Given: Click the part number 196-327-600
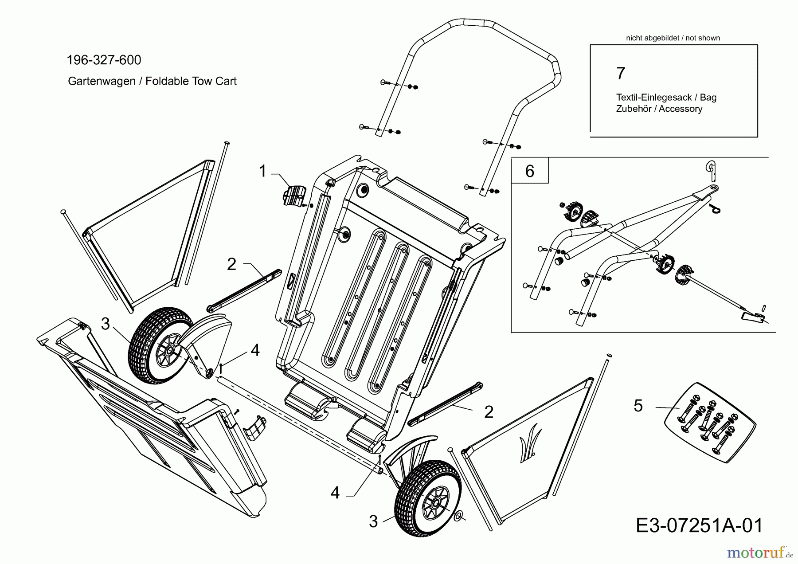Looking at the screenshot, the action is pos(104,60).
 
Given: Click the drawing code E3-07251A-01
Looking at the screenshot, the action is pos(700,525).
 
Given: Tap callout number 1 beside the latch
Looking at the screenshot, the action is pos(262,171).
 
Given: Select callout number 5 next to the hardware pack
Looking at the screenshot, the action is pos(638,406).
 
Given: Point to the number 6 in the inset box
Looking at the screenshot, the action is pos(530,171).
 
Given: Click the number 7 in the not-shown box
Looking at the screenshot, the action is pos(621,73).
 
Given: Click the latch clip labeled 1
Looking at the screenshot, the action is pos(294,196).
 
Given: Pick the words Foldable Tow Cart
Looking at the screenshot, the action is pos(191,81).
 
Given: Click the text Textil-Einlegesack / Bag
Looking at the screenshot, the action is pos(666,98).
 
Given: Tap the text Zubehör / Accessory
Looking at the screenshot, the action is pos(659,109).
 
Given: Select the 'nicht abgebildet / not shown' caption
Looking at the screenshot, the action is pos(673,38).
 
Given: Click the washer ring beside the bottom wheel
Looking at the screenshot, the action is pos(459,515).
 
